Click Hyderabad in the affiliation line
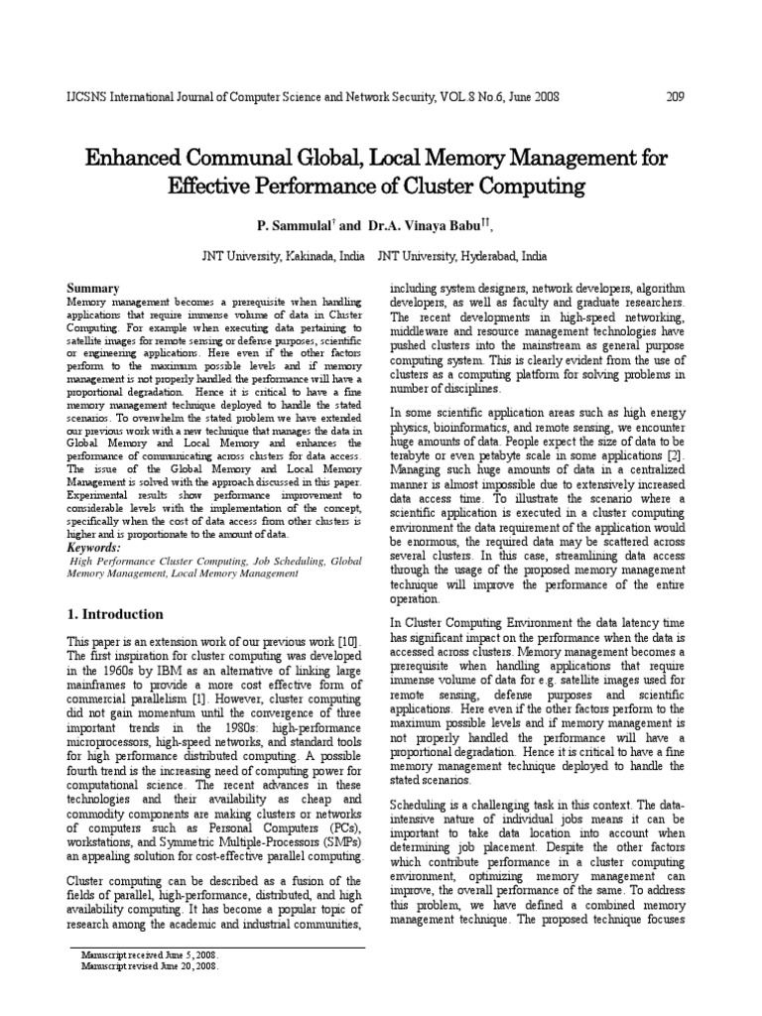point(485,255)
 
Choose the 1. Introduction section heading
point(114,614)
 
